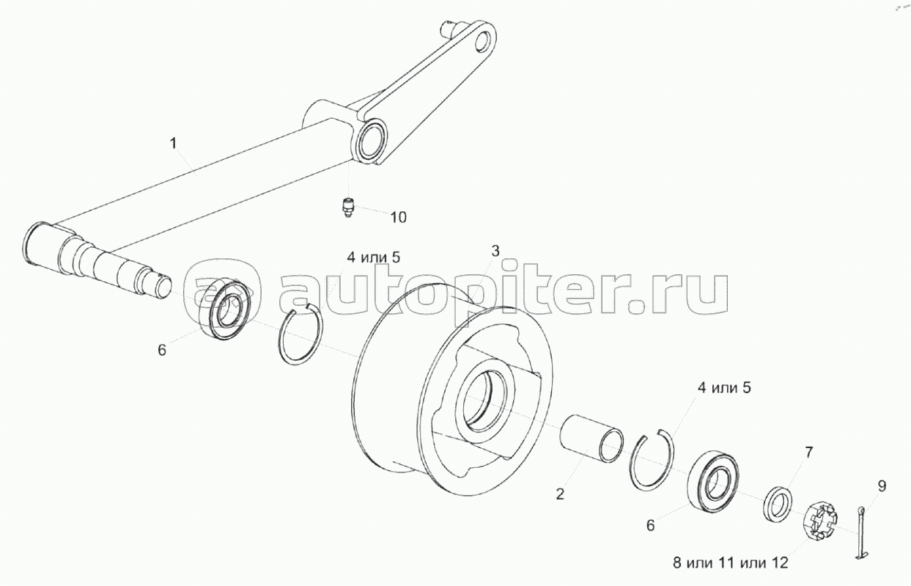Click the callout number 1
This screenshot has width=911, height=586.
coord(173,143)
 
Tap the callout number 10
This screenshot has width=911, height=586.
coord(399,217)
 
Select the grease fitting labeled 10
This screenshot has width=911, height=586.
coord(347,207)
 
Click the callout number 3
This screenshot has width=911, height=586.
coord(495,251)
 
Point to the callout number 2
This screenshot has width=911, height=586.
coord(560,494)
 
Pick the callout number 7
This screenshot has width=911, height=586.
coord(808,452)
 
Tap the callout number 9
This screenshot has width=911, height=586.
coord(882,486)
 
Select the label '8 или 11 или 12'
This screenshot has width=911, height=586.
coord(731,563)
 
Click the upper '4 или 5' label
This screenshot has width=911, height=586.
coord(373,257)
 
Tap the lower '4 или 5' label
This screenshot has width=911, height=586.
coord(724,388)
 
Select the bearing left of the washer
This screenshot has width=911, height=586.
coord(712,481)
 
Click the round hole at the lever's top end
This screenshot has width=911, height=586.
coord(483,42)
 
